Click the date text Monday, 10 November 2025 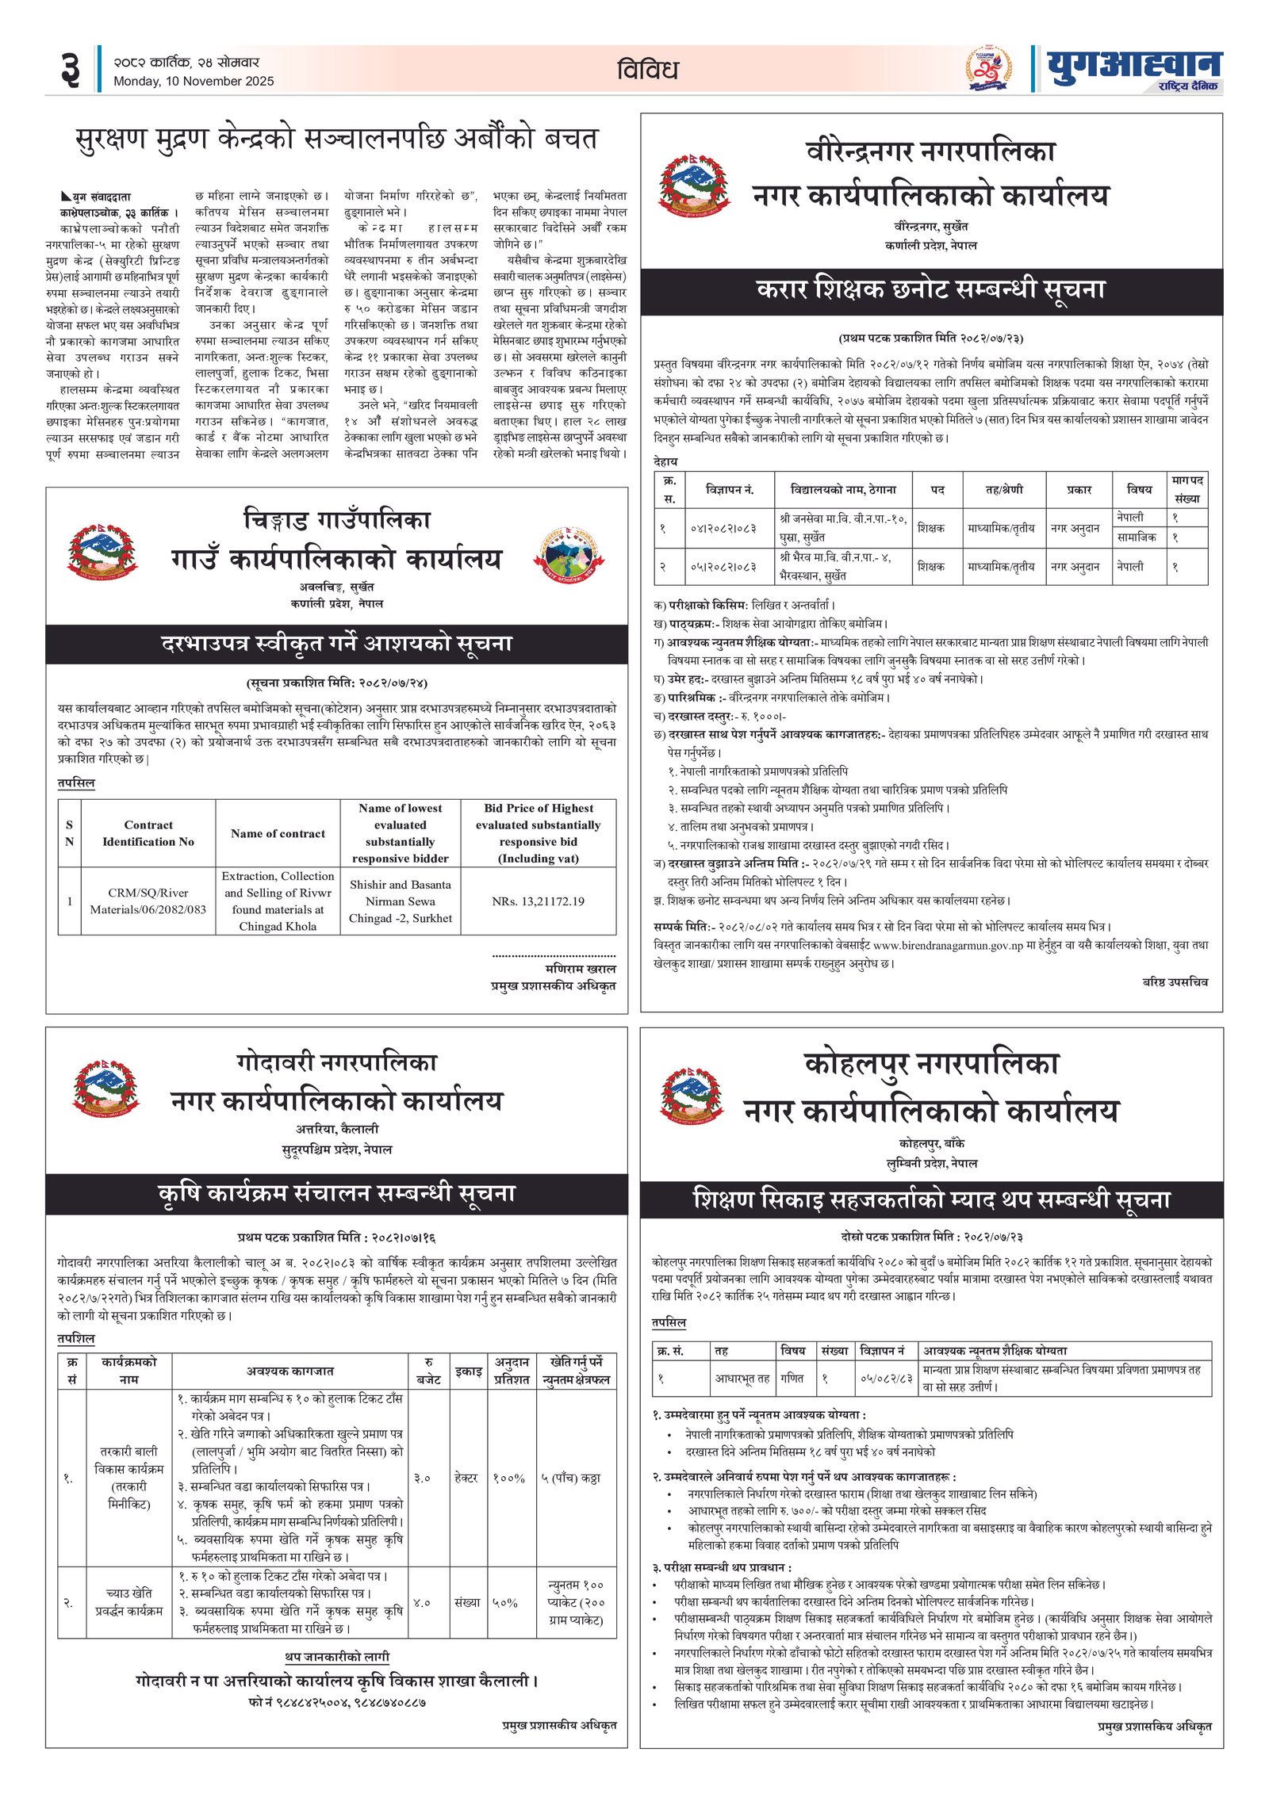click(x=193, y=81)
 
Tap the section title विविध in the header click(x=647, y=70)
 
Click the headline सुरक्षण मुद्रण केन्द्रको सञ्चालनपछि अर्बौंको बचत click(x=335, y=139)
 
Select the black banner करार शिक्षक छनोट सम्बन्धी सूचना click(x=931, y=290)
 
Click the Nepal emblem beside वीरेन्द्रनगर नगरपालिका click(x=692, y=185)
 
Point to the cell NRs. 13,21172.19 click(x=538, y=901)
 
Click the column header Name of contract click(x=278, y=833)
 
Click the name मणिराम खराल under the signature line click(x=581, y=969)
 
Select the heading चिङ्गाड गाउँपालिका click(x=336, y=520)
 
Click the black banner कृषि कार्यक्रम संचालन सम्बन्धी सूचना click(x=336, y=1194)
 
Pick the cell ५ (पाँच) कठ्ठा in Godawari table click(x=570, y=1478)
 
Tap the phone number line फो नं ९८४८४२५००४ click(x=336, y=1702)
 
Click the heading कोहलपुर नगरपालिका click(x=931, y=1063)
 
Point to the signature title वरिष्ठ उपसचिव click(x=1175, y=982)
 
